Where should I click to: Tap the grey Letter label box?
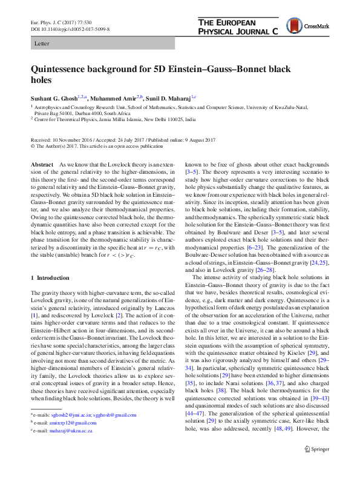click(x=102, y=44)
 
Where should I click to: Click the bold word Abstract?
click(x=42, y=165)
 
